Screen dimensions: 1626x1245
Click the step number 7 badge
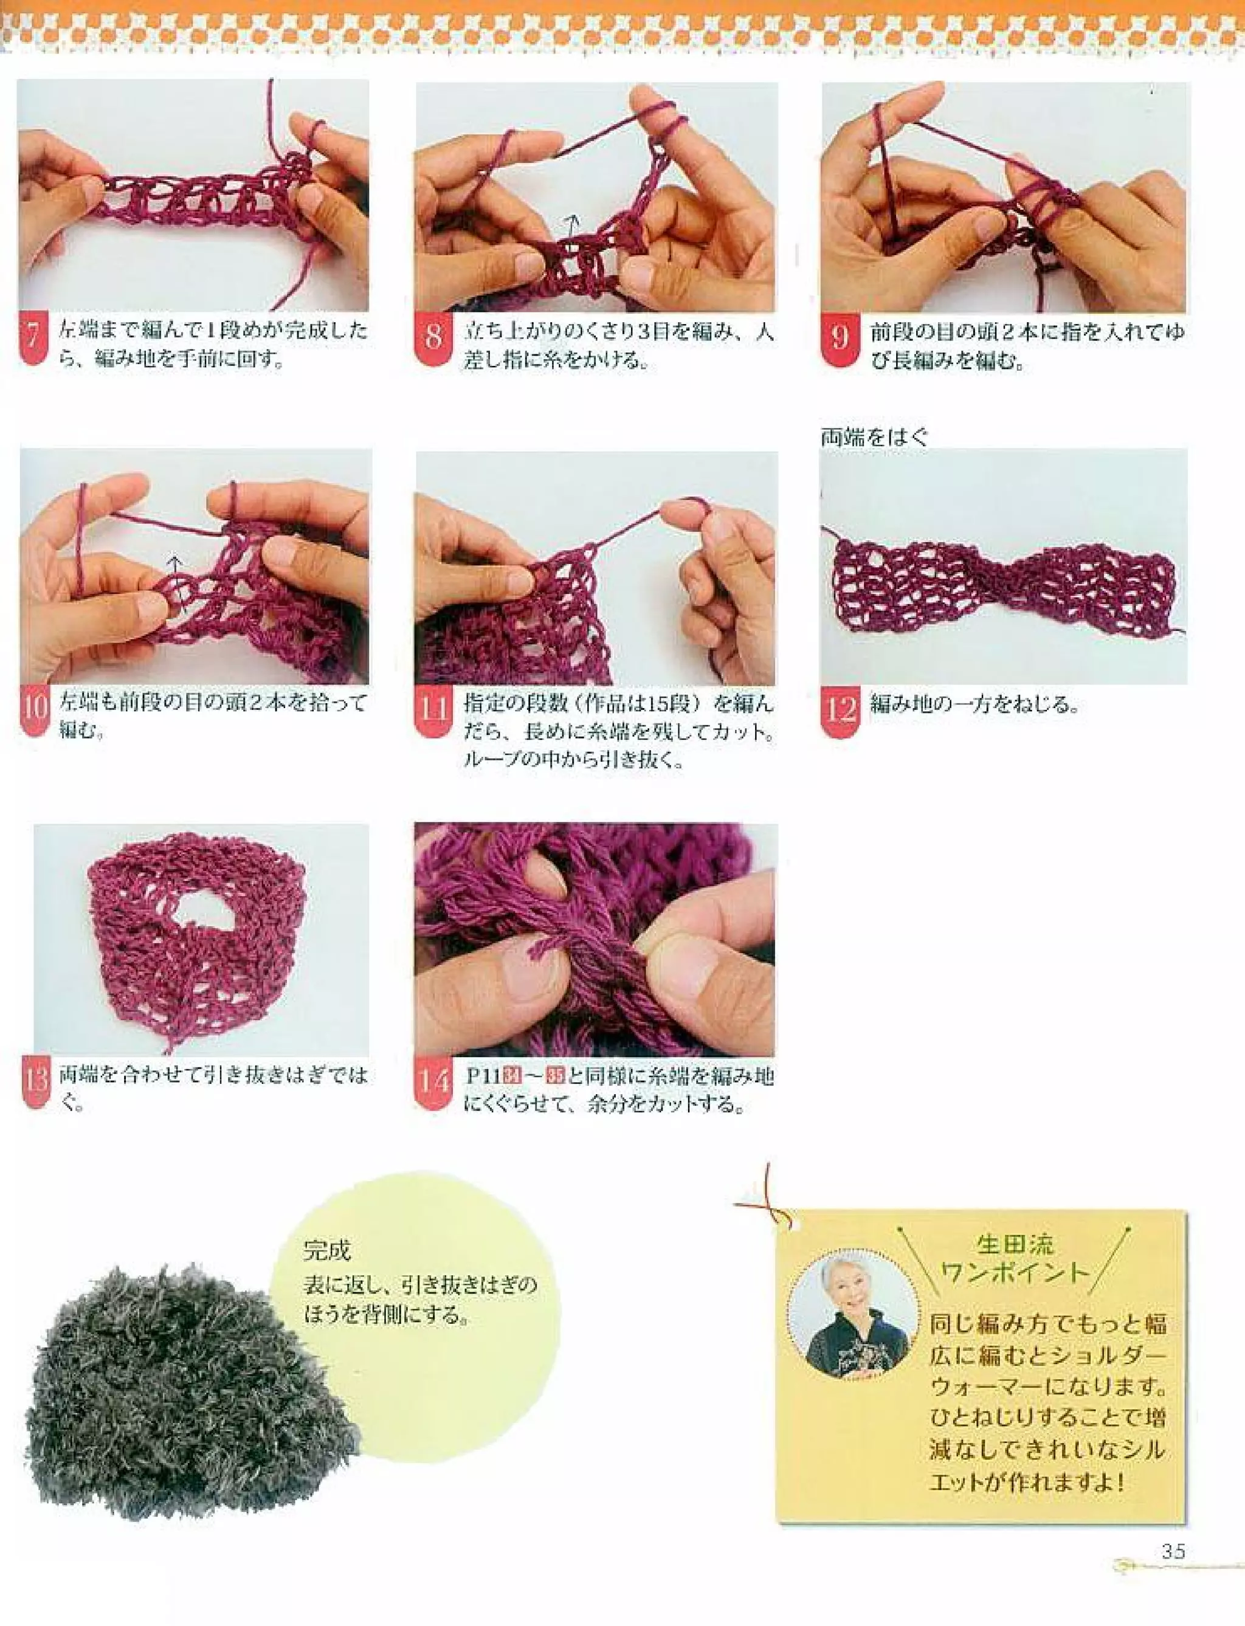33,339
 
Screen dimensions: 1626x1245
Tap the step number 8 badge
433,339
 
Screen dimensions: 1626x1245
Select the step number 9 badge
840,339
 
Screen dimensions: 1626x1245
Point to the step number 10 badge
35,709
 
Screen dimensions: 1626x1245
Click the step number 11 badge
433,711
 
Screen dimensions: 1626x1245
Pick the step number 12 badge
840,711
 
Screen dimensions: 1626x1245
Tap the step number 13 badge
36,1082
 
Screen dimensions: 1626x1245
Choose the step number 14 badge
433,1083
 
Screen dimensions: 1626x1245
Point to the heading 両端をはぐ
874,437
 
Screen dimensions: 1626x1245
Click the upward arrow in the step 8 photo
571,223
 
